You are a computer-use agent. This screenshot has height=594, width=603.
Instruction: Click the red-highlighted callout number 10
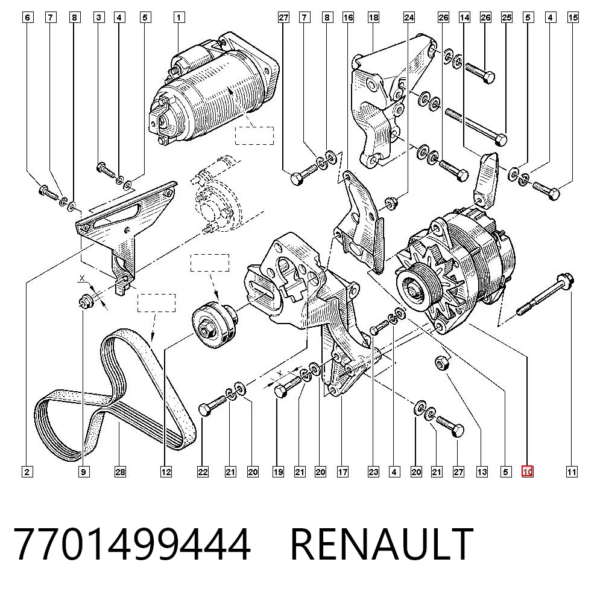pos(527,471)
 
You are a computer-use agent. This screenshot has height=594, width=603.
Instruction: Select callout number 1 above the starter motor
pos(178,18)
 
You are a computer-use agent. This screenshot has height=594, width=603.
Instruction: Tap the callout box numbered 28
pos(120,471)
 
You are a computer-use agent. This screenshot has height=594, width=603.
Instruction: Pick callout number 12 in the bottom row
pos(166,471)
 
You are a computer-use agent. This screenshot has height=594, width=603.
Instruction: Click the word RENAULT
pos(382,544)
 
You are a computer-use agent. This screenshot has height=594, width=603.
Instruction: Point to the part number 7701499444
pos(132,544)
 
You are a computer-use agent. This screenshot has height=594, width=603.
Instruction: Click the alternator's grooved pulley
pos(416,289)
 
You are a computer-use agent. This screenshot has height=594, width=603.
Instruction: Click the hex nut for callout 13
pos(441,363)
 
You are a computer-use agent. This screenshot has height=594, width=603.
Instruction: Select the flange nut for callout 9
pos(86,301)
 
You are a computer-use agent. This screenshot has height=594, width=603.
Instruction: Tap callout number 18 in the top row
pos(373,18)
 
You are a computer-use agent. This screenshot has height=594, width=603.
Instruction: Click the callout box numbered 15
pos(573,18)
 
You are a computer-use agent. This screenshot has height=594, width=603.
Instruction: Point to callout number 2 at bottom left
pos(27,471)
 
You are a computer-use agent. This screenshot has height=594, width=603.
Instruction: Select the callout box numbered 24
pos(409,18)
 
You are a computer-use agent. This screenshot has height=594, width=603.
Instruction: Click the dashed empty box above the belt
pos(157,303)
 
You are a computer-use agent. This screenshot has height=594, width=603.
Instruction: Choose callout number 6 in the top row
pos(27,18)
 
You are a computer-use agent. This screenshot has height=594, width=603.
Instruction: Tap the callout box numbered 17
pos(343,471)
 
